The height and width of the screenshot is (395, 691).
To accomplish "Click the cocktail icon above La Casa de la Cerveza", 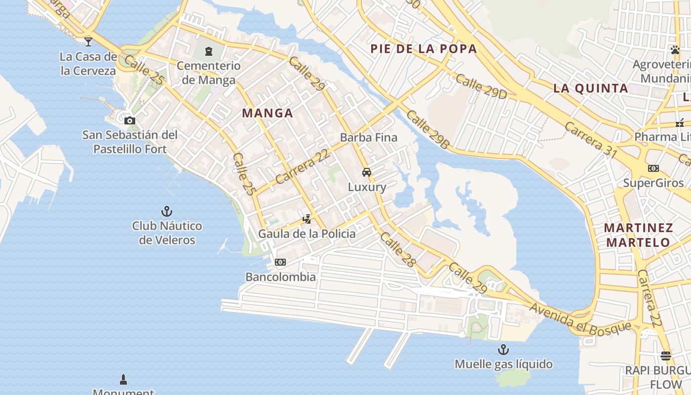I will (x=88, y=41).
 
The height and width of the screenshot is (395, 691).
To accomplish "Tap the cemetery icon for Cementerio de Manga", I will (x=209, y=51).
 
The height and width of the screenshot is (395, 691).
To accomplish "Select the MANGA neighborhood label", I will (x=268, y=113).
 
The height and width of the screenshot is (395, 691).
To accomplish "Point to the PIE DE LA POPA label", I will (x=423, y=48).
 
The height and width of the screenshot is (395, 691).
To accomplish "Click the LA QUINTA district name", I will (x=590, y=88).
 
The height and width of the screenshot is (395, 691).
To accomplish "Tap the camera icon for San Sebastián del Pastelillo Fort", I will (x=130, y=120).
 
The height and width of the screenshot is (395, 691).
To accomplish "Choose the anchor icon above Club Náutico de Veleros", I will (x=167, y=211).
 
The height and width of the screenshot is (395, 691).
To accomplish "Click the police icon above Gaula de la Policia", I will (x=307, y=219).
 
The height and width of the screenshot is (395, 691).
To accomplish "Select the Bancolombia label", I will (x=280, y=276).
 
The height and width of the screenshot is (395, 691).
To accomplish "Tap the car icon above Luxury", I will (x=367, y=172).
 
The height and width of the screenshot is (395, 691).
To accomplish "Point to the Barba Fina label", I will (x=369, y=137).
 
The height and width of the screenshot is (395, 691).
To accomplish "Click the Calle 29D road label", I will (x=481, y=86).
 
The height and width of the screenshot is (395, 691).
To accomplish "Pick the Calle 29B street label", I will (x=428, y=129).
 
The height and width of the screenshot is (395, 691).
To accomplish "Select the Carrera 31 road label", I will (x=591, y=140).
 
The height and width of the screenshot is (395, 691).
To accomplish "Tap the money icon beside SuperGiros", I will (x=653, y=168).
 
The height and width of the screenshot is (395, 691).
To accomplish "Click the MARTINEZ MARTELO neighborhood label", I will (x=639, y=235).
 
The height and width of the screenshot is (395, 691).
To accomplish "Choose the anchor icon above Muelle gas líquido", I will (x=503, y=350).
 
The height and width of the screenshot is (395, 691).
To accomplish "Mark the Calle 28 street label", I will (x=398, y=249).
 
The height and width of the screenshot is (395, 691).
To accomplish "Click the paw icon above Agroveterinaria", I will (x=675, y=49).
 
